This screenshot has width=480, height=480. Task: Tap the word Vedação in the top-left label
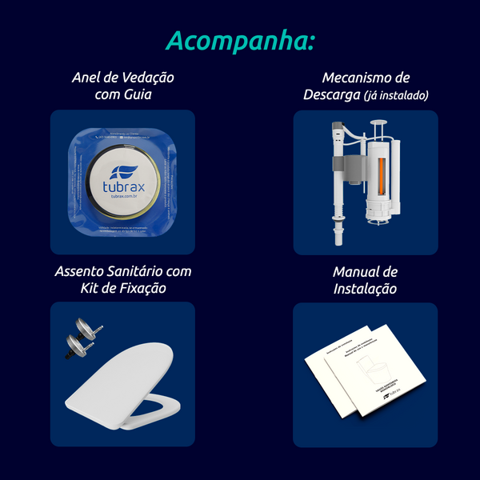click(147, 78)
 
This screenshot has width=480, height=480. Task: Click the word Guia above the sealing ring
click(136, 95)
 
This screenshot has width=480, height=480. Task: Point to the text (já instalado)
click(396, 95)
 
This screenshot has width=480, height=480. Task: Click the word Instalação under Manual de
click(366, 289)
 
